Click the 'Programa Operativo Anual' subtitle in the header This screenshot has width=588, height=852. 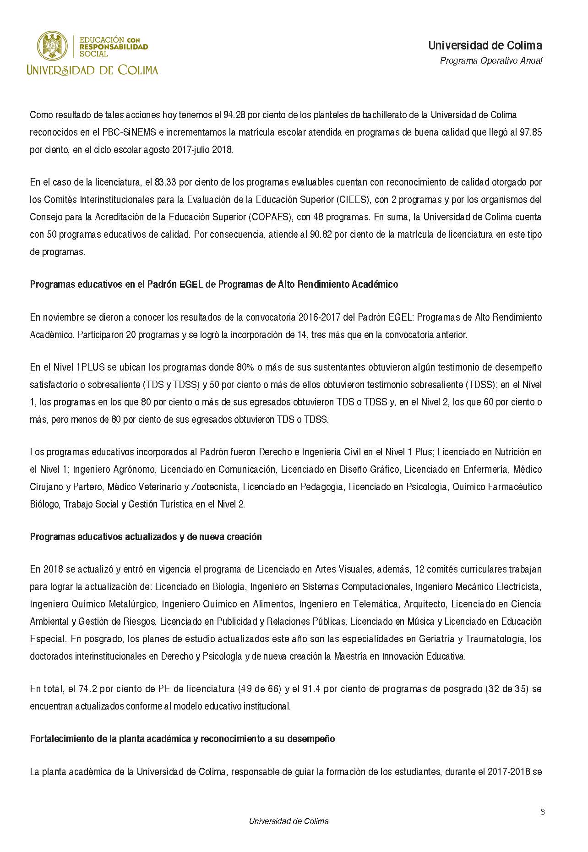[x=491, y=60]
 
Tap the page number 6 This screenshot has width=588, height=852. [x=542, y=813]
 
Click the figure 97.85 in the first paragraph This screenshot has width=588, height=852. [x=531, y=132]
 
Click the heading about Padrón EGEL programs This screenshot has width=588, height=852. [x=214, y=284]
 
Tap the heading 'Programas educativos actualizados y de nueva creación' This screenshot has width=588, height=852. [x=146, y=537]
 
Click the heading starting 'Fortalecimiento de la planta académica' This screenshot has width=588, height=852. [x=182, y=739]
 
